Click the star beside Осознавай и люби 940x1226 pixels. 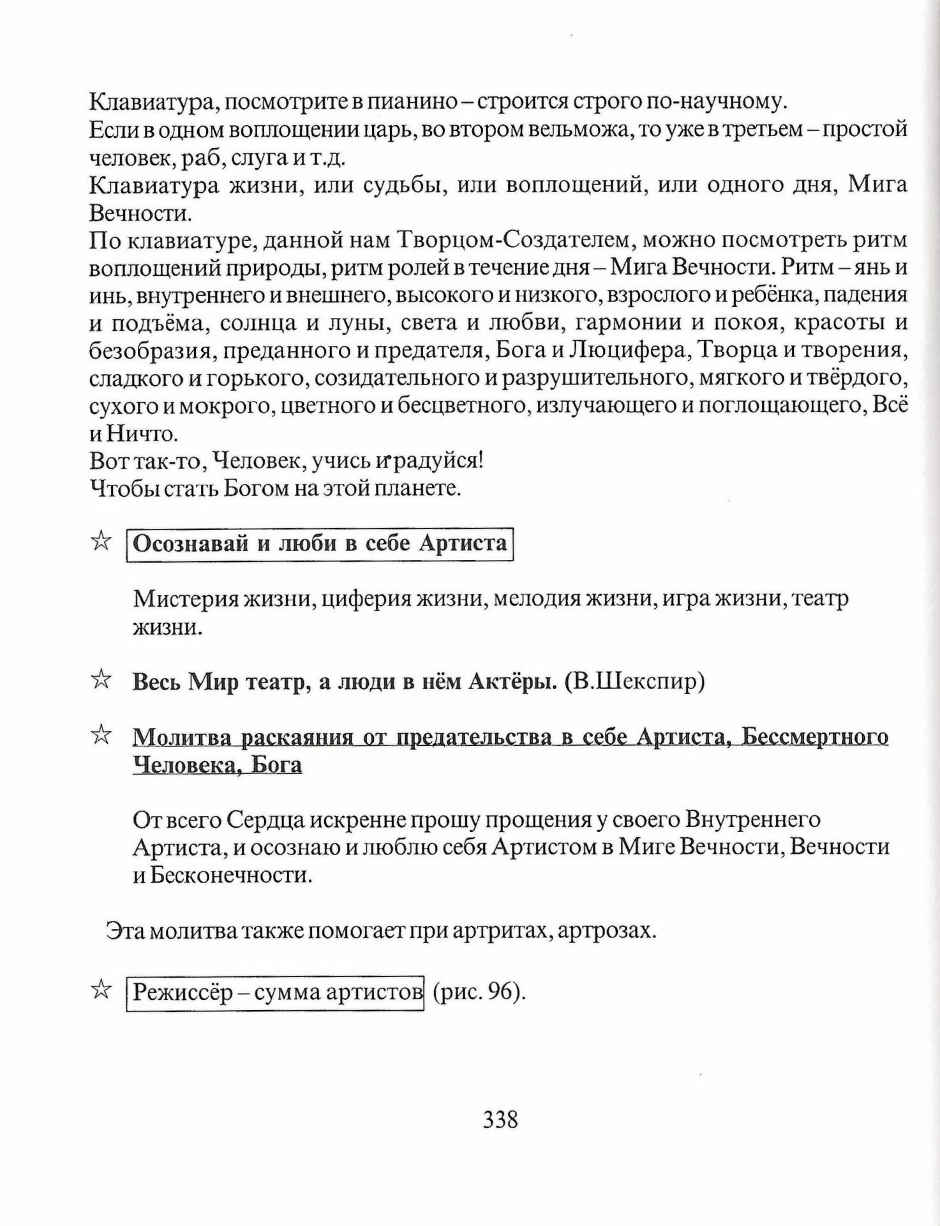[100, 542]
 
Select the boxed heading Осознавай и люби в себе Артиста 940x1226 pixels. [320, 543]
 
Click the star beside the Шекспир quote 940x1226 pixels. [100, 681]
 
